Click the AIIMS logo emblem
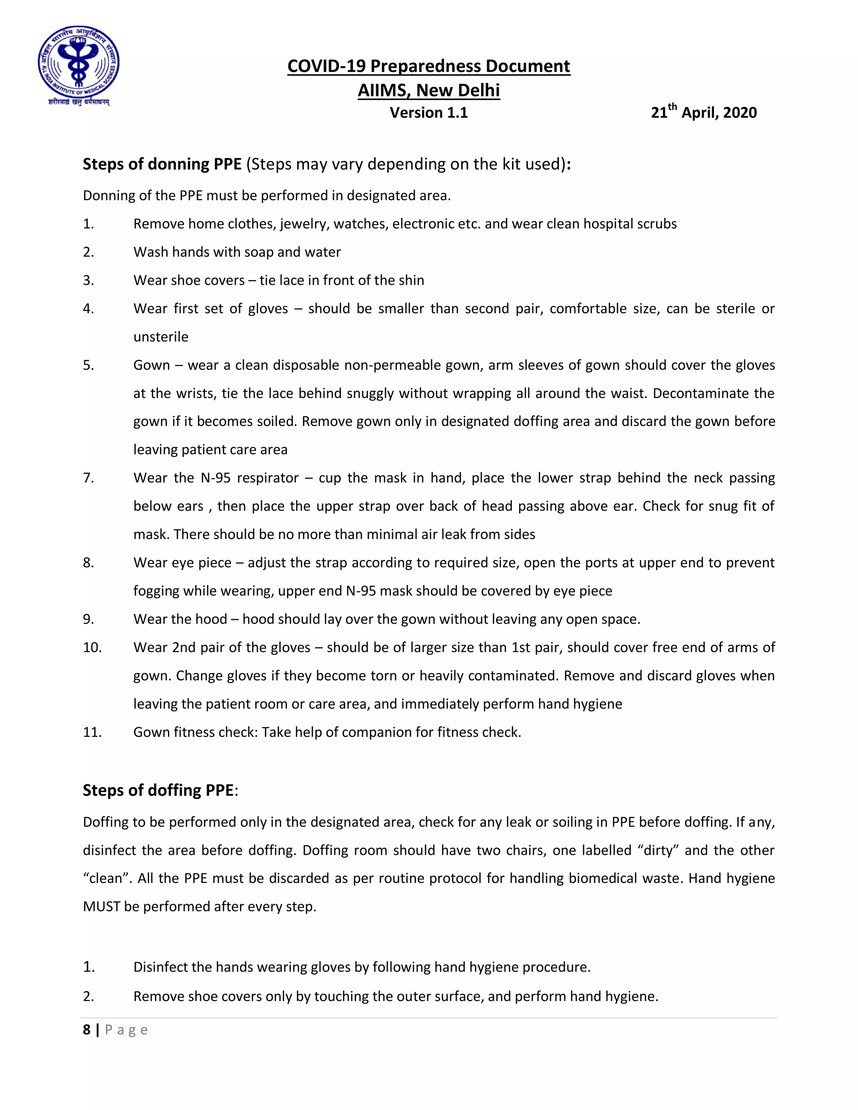coord(79,65)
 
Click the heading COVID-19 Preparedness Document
coord(429,66)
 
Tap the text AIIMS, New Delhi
coord(429,90)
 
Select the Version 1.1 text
coord(429,112)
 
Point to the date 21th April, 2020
coord(703,112)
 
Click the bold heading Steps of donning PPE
coord(162,164)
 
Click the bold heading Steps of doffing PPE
coord(158,790)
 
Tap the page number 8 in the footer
coord(86,1030)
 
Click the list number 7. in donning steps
coord(88,478)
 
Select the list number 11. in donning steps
coord(92,732)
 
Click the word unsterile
coord(160,337)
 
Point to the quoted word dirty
coord(658,850)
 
